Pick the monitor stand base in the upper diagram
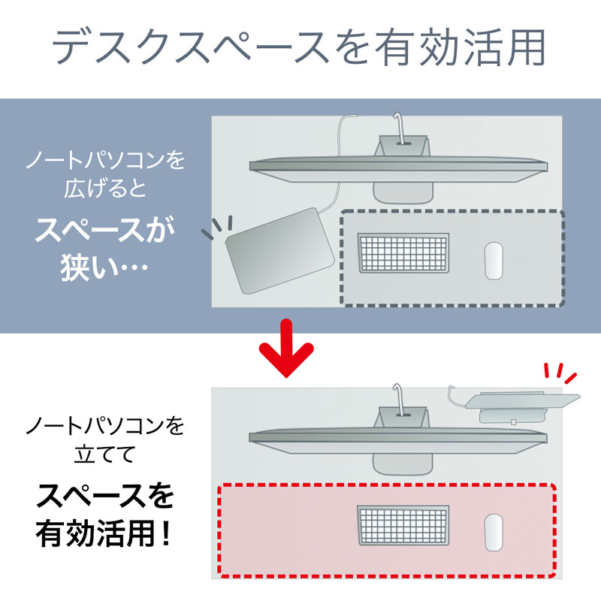[x=404, y=192]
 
